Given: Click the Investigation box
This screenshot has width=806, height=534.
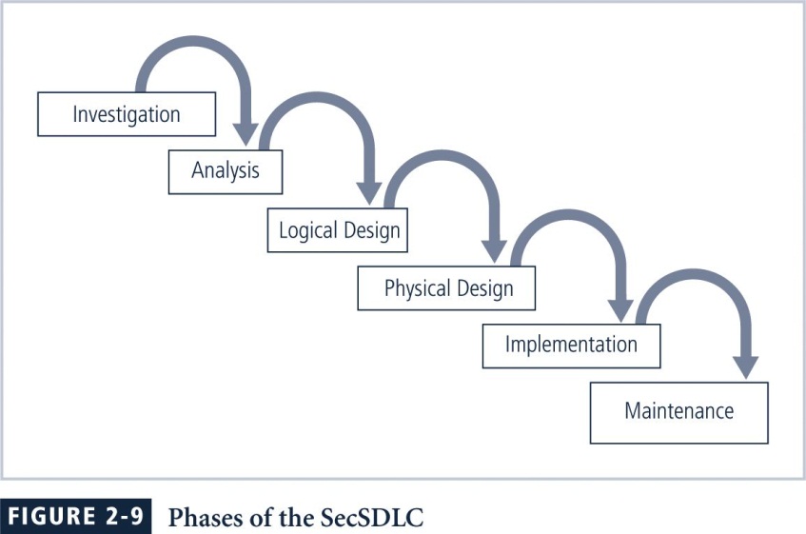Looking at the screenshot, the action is pos(127,114).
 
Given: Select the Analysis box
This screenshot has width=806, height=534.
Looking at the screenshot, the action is pos(226,171).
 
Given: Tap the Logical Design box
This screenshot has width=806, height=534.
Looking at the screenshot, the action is pos(338,229).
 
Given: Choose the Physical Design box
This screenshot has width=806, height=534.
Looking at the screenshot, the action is pos(446,287).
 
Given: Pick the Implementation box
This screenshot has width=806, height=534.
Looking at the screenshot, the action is pos(571,346).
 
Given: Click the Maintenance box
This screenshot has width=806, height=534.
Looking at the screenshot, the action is pos(679,413).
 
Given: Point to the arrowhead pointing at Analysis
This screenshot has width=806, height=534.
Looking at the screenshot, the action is pos(246,134).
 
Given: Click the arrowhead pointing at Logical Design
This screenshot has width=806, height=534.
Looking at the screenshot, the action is pos(369,194).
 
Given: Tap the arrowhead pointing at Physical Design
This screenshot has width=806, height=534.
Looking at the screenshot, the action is pos(494,252).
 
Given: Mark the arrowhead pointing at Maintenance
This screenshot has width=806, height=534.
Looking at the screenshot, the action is pos(745,368).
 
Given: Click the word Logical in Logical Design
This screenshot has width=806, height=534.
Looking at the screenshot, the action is pos(308,230).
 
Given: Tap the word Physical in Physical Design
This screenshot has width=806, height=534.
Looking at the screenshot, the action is pos(418,288).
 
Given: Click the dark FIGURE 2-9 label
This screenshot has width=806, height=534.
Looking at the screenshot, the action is pos(75,516).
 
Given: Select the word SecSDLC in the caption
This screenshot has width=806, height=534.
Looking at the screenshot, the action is pos(372,517).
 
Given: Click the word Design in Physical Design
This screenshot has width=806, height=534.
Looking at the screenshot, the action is pos(484,288).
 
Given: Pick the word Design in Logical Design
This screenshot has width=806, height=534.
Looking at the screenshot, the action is pos(372,230).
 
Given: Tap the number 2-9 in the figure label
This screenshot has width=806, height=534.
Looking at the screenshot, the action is pos(124,516).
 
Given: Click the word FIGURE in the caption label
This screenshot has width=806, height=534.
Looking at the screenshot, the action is pos(52,516).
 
